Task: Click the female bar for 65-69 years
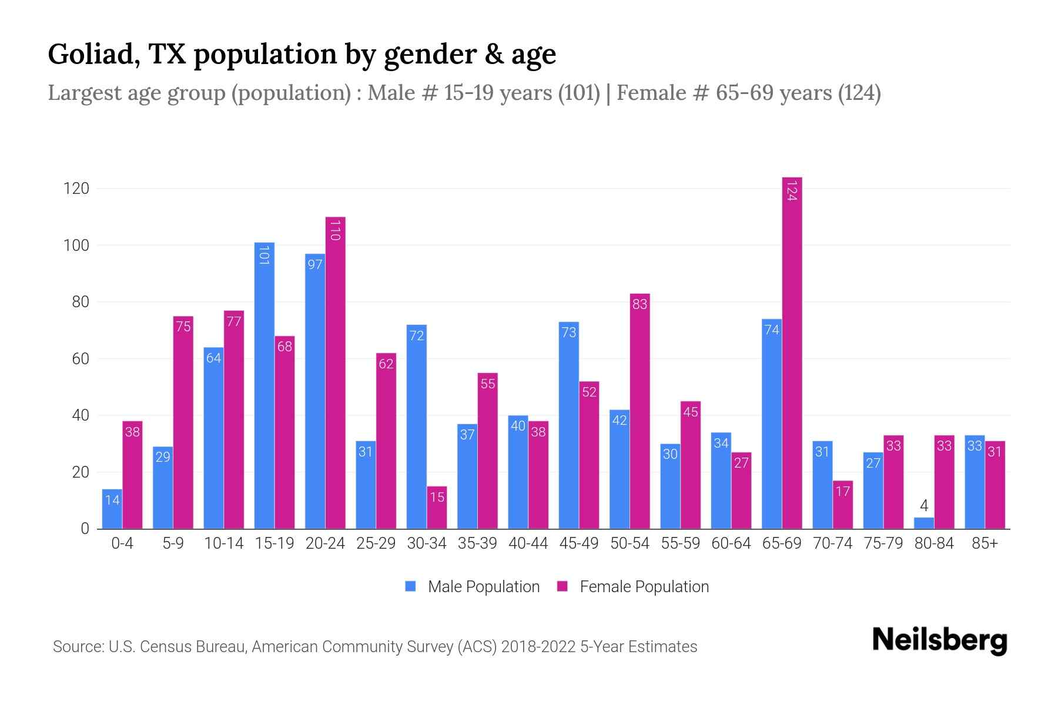click(x=792, y=352)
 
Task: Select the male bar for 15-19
click(x=264, y=385)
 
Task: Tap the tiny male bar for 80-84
click(x=924, y=523)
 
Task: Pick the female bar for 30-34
click(x=437, y=508)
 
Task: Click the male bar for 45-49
click(x=568, y=425)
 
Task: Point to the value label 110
click(x=335, y=230)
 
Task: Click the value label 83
click(x=640, y=304)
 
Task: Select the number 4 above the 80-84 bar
click(x=924, y=505)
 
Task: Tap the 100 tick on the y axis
click(x=76, y=246)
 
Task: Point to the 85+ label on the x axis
click(x=985, y=543)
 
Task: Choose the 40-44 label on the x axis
click(x=528, y=543)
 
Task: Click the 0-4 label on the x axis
click(x=122, y=543)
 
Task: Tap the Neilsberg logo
click(x=939, y=640)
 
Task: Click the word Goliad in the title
click(x=93, y=55)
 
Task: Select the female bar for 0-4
click(x=132, y=475)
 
